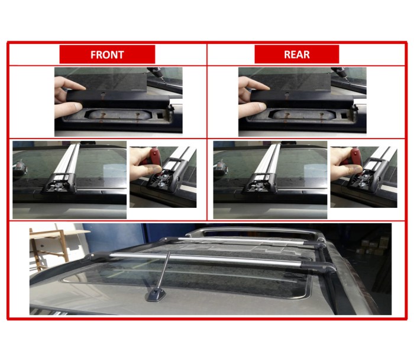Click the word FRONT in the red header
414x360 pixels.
click(x=107, y=54)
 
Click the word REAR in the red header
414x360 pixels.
click(x=297, y=54)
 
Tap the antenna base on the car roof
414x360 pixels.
click(x=156, y=295)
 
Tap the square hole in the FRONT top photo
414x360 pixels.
click(x=160, y=115)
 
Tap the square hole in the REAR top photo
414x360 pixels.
click(x=344, y=115)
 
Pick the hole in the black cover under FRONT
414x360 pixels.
click(x=103, y=94)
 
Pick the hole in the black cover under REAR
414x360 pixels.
click(x=287, y=94)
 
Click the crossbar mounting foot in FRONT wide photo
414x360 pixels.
click(x=60, y=183)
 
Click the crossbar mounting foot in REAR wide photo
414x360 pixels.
click(x=260, y=183)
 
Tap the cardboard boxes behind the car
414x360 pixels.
click(x=373, y=246)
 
